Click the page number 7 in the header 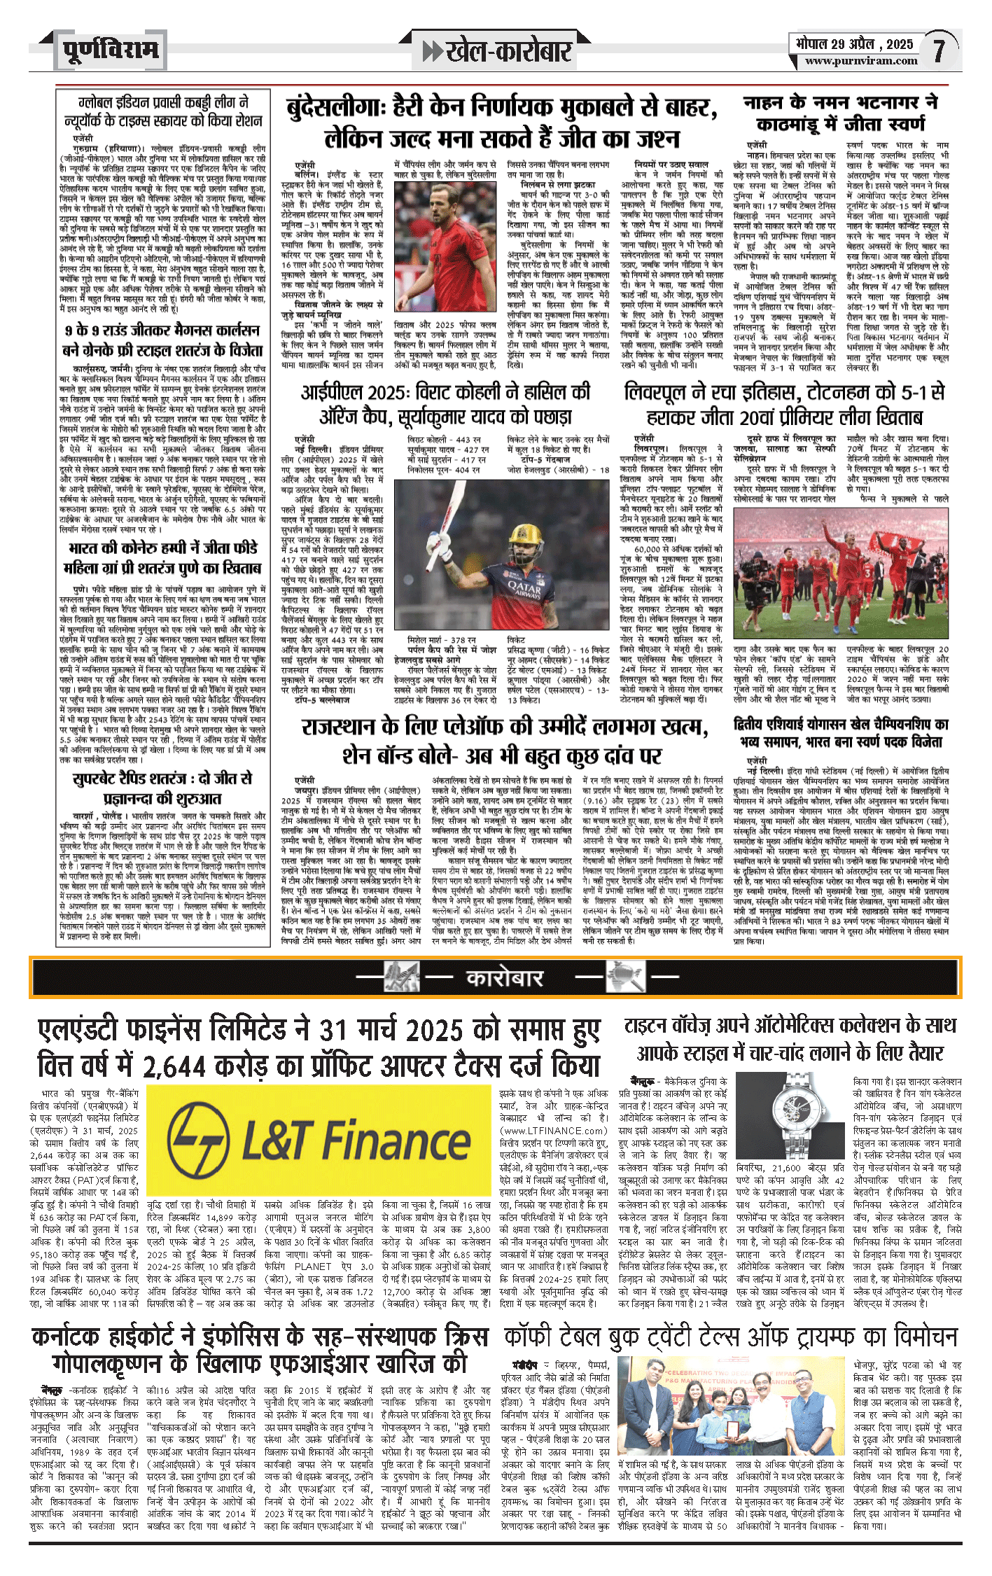tap(938, 50)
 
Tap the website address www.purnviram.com tap(860, 61)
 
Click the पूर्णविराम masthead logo tap(110, 50)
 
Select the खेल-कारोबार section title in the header tap(497, 51)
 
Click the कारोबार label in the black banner tap(503, 978)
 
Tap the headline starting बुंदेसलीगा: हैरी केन tap(502, 123)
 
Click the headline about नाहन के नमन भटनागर tap(840, 113)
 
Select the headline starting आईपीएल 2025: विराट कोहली tap(445, 405)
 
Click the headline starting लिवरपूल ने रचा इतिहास tap(784, 405)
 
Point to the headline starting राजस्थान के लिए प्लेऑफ tap(503, 741)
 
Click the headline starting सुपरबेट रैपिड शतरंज tap(162, 788)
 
